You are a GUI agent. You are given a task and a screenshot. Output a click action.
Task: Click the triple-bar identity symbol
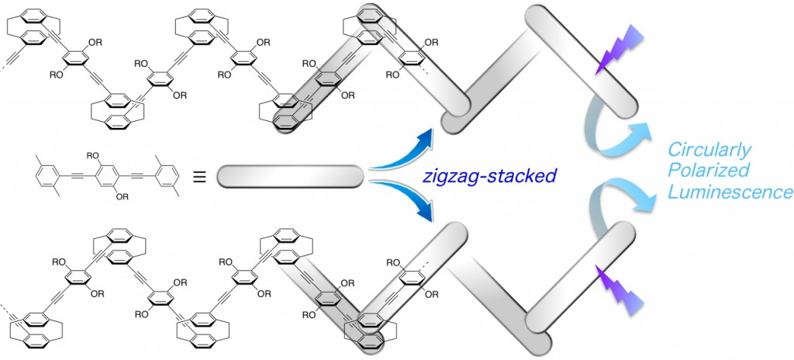pyautogui.click(x=198, y=175)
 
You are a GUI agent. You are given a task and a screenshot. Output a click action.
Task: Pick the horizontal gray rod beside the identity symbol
pyautogui.click(x=289, y=175)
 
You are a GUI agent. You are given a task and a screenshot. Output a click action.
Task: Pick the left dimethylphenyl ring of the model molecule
pyautogui.click(x=48, y=175)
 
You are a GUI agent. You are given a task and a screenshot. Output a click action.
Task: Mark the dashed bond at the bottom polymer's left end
pyautogui.click(x=6, y=299)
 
